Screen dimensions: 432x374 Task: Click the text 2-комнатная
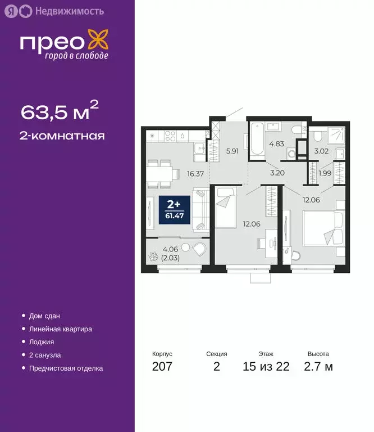pos(62,136)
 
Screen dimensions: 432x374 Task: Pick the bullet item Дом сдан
pos(45,316)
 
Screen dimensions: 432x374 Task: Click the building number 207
pos(162,367)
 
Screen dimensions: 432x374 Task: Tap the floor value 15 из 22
pos(267,367)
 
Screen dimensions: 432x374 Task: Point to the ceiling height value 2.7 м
pos(320,367)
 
